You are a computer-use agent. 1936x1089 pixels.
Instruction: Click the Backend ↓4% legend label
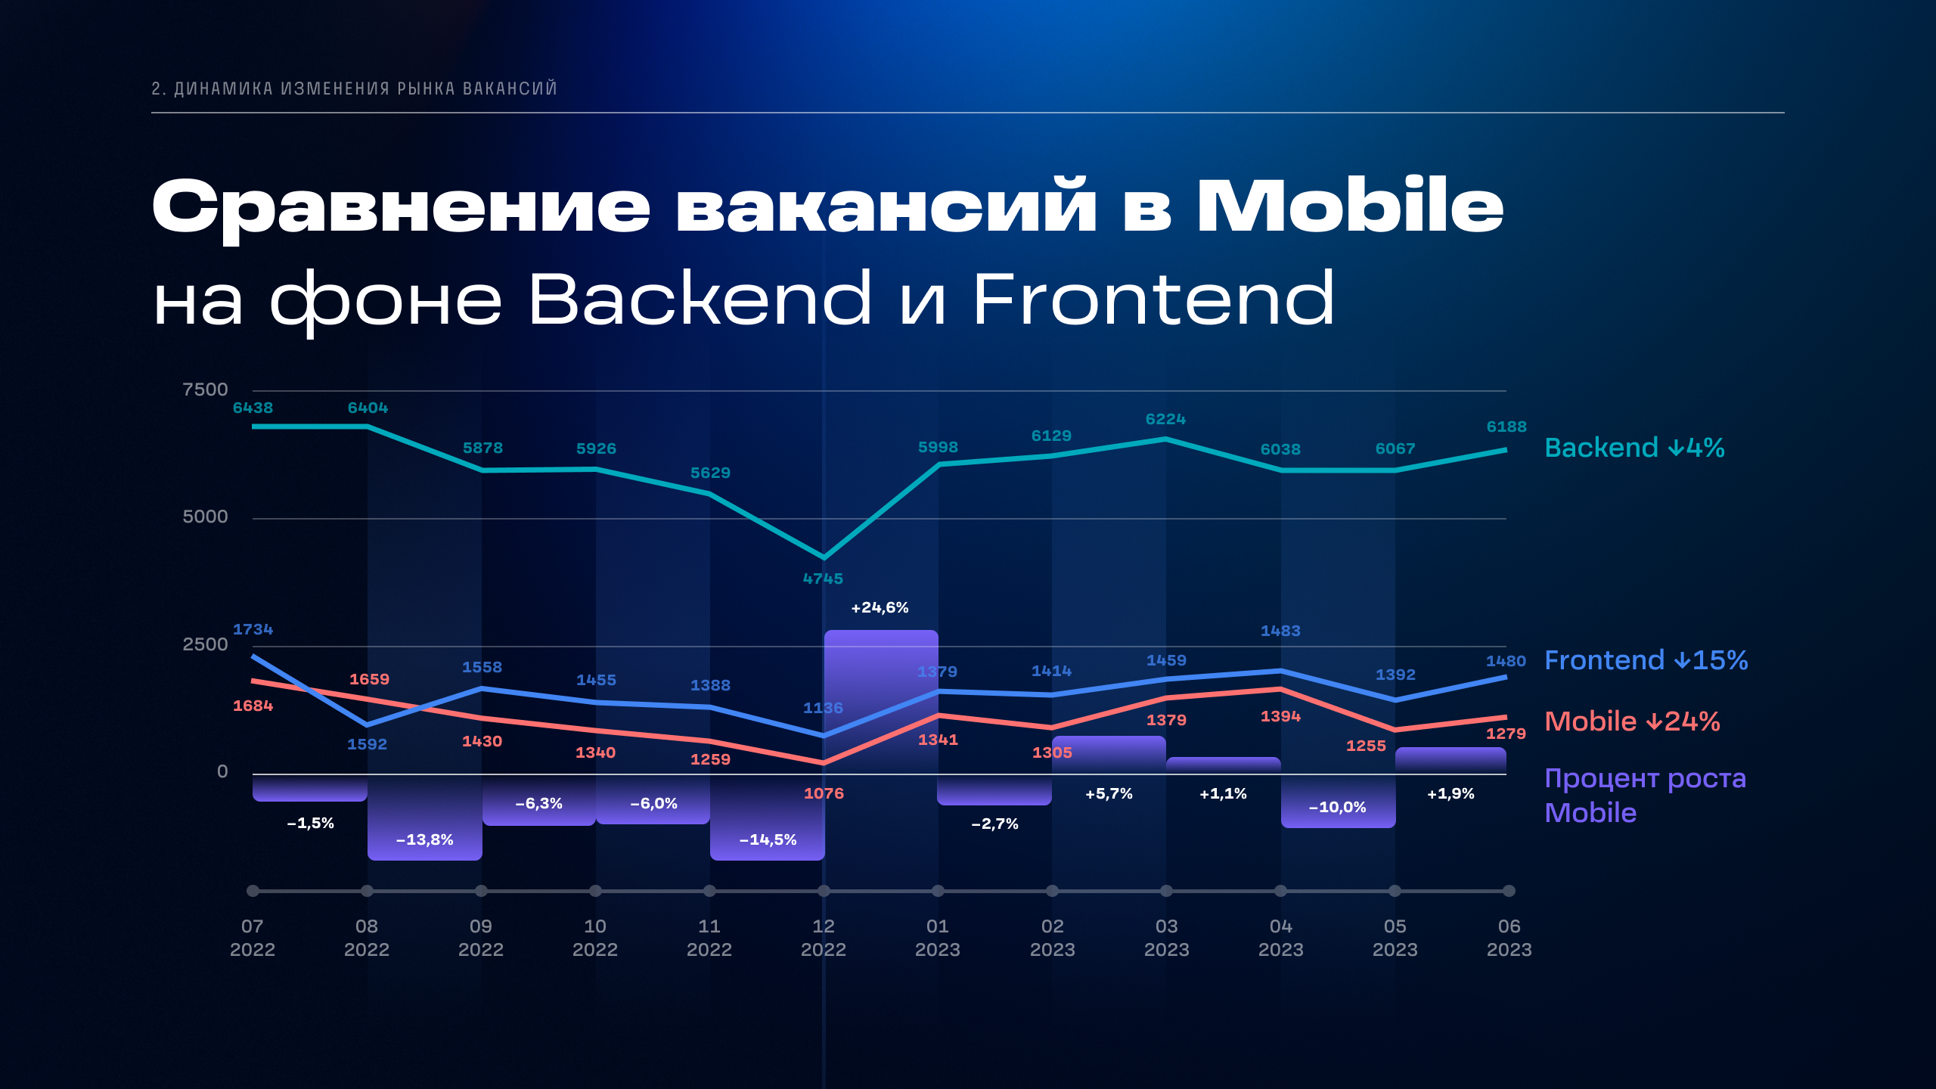1634,448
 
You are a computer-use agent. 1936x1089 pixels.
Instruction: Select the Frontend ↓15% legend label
1646,660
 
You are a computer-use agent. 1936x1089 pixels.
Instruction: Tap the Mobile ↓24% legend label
1632,721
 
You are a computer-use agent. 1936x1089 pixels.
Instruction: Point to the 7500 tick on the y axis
205,389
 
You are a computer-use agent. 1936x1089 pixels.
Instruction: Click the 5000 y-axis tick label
205,517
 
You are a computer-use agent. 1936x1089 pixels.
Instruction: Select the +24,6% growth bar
881,702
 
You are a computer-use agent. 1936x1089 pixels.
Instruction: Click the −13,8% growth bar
425,818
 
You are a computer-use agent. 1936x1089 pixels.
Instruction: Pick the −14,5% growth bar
768,818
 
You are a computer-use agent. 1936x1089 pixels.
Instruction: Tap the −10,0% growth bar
1339,801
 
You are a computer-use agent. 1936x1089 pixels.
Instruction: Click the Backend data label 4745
823,579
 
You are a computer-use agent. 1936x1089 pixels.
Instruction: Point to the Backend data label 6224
1165,419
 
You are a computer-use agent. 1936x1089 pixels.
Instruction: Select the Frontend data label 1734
253,629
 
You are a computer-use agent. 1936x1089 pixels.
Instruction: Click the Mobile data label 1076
824,793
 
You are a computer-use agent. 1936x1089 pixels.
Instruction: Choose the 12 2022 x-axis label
824,938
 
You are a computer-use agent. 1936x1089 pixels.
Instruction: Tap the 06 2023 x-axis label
1509,938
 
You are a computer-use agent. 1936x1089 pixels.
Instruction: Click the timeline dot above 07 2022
253,891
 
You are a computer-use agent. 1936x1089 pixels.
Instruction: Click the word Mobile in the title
1350,206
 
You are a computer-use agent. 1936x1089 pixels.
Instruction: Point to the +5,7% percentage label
1109,793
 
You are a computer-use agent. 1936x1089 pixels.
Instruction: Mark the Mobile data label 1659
369,679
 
